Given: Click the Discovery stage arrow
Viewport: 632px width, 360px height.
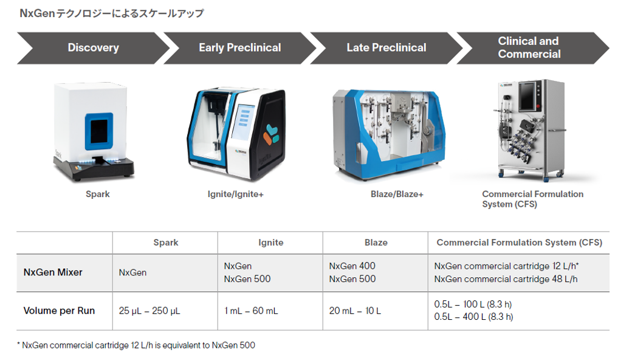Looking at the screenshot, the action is [94, 48].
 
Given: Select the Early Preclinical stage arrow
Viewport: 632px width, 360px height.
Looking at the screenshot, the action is [240, 48].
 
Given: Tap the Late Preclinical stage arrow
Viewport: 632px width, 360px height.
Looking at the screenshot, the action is [386, 48].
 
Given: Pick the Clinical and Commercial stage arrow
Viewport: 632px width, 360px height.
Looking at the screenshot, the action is [532, 48].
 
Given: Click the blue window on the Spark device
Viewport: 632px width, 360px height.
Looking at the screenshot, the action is [98, 131].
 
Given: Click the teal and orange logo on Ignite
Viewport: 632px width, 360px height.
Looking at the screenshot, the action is [271, 134].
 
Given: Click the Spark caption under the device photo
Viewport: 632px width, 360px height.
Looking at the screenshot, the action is [98, 194].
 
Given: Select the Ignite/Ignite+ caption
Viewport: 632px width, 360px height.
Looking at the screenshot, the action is [235, 194].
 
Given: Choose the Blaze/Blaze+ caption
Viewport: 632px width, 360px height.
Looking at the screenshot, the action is [397, 194].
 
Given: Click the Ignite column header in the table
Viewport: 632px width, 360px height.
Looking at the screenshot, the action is [271, 242].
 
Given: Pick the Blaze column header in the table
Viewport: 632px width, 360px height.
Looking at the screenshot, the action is [376, 242].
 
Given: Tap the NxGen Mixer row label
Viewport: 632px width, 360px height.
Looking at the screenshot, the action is [53, 272].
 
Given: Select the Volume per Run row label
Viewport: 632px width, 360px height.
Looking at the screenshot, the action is [60, 310].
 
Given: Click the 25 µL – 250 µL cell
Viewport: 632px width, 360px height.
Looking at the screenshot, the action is [149, 311].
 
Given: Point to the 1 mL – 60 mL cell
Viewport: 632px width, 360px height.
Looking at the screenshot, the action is [251, 311].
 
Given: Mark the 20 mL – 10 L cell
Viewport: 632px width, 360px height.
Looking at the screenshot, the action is [355, 311].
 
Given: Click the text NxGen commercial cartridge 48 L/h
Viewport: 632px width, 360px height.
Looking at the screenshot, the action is [506, 279].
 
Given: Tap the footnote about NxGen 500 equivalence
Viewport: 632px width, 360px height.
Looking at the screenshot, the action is [136, 345].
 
